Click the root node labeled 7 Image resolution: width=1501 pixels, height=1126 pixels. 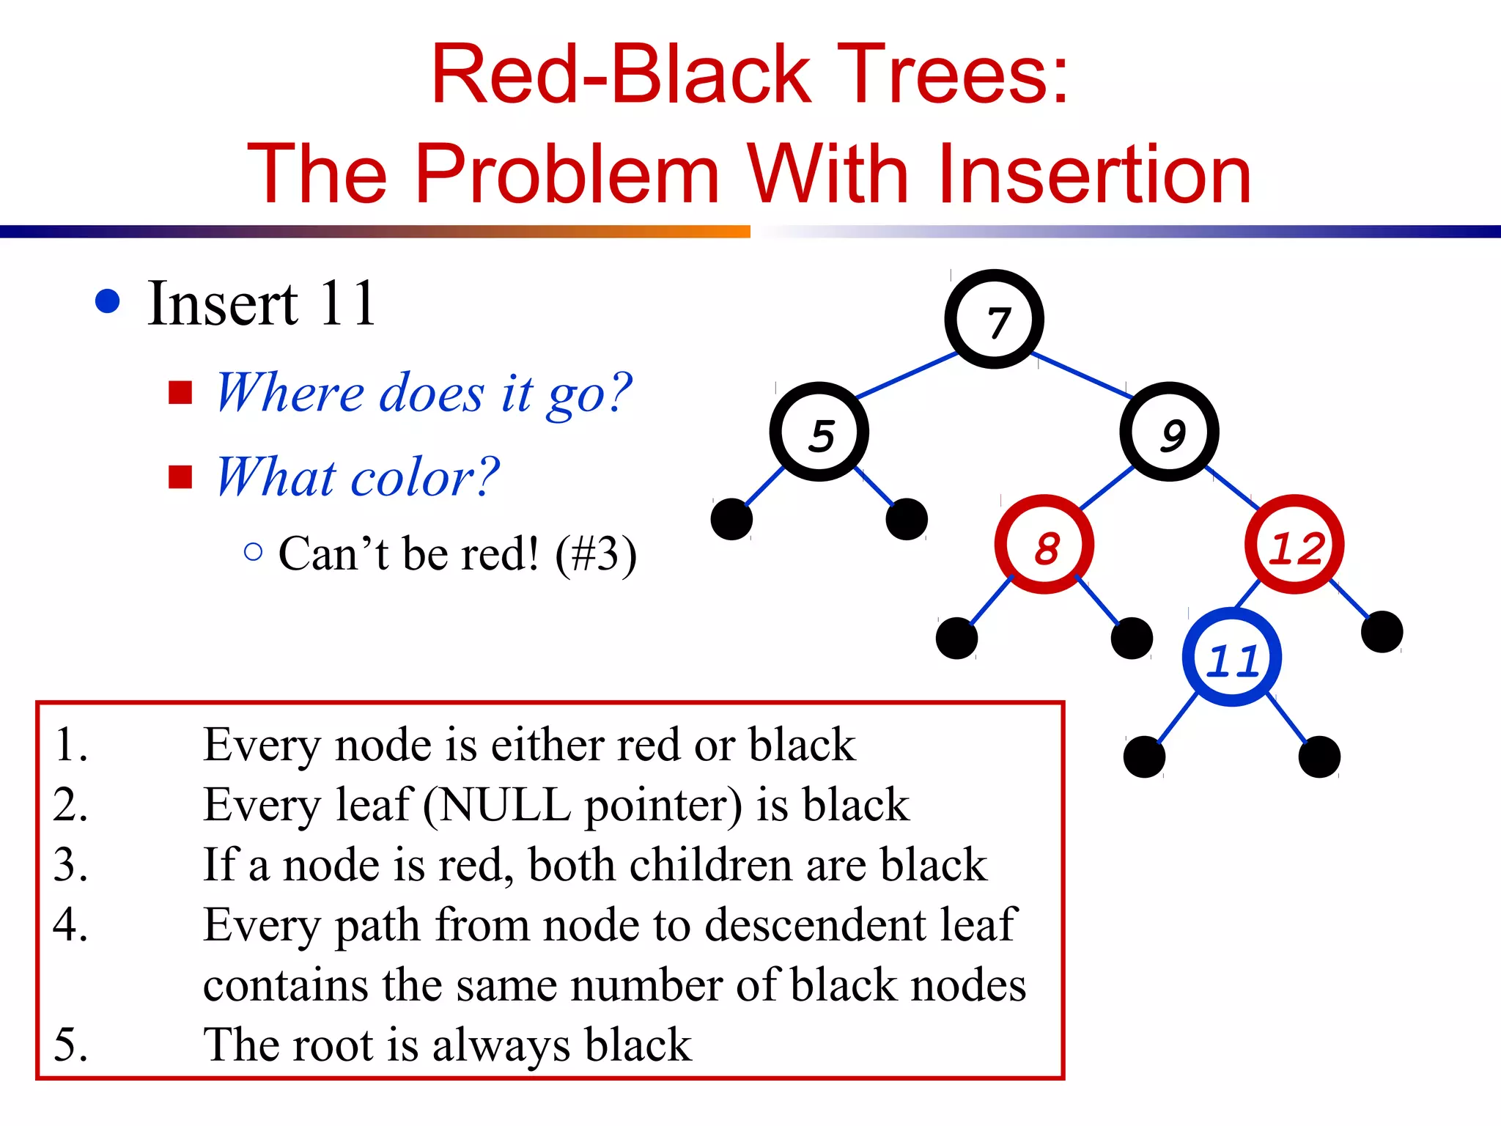pyautogui.click(x=994, y=320)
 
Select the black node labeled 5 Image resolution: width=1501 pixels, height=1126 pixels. pyautogui.click(x=819, y=433)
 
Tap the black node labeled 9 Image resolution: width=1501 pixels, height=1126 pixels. pyautogui.click(x=1169, y=433)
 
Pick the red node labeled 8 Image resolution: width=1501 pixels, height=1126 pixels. pyautogui.click(x=1044, y=545)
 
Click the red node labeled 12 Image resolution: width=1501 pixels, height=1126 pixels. pyautogui.click(x=1294, y=545)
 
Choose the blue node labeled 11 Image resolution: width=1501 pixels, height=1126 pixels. pyautogui.click(x=1232, y=658)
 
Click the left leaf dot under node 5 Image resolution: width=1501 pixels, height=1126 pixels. pyautogui.click(x=731, y=519)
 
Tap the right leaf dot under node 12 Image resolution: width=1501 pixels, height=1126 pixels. pyautogui.click(x=1382, y=631)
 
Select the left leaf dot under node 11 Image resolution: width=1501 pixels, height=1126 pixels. pyautogui.click(x=1144, y=757)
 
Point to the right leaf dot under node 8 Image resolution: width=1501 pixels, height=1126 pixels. pyautogui.click(x=1132, y=638)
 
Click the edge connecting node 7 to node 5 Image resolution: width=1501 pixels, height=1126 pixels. pyautogui.click(x=906, y=375)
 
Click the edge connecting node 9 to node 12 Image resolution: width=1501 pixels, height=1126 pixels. pyautogui.click(x=1233, y=487)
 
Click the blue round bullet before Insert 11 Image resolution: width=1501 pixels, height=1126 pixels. pyautogui.click(x=108, y=301)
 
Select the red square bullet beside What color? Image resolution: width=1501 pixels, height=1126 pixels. pyautogui.click(x=180, y=476)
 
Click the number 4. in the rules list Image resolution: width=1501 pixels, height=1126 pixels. pyautogui.click(x=71, y=924)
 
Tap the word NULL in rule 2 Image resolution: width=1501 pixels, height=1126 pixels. pyautogui.click(x=504, y=805)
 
